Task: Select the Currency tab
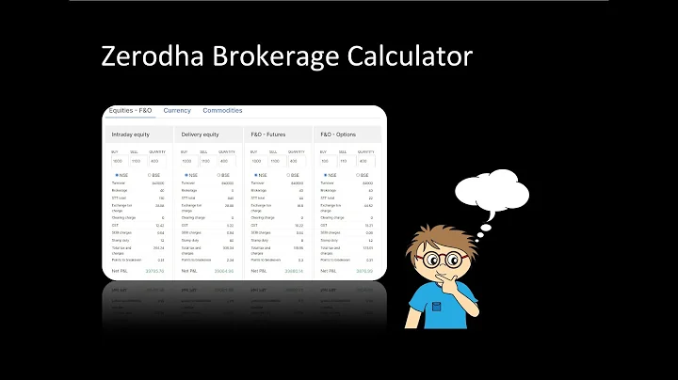point(177,111)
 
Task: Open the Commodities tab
point(222,111)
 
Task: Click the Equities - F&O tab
point(130,111)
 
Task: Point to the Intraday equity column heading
point(131,135)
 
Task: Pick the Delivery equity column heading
point(201,135)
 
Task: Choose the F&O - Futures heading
point(268,135)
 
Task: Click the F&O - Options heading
point(338,135)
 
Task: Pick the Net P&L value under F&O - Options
point(363,271)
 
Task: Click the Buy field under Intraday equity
point(118,161)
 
